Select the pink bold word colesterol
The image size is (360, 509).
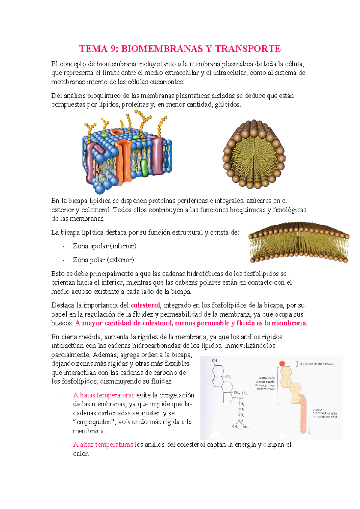[145, 305]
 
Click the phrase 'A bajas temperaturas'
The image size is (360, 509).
[104, 395]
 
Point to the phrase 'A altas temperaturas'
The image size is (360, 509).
[103, 445]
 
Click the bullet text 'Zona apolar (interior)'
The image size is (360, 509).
[104, 246]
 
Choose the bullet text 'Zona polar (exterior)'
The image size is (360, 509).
[103, 260]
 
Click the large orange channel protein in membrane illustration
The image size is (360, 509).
[123, 159]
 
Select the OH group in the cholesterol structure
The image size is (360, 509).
[214, 361]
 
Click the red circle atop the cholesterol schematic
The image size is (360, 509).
[282, 363]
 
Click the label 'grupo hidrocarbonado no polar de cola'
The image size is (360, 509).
[325, 413]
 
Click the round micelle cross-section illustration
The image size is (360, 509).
[254, 154]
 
